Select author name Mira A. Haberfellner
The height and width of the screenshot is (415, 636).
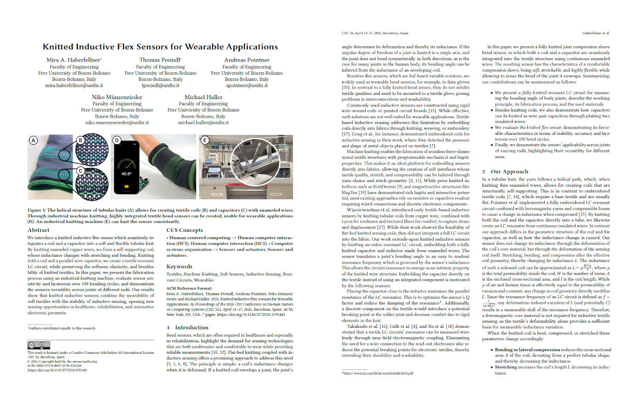point(74,60)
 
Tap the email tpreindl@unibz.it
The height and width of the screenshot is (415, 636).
point(160,85)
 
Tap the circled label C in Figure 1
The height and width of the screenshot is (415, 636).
point(80,170)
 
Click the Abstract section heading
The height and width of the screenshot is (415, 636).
point(38,244)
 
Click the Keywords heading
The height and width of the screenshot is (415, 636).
point(179,267)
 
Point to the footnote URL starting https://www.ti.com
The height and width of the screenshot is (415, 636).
point(378,388)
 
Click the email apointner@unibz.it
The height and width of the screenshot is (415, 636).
point(246,85)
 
